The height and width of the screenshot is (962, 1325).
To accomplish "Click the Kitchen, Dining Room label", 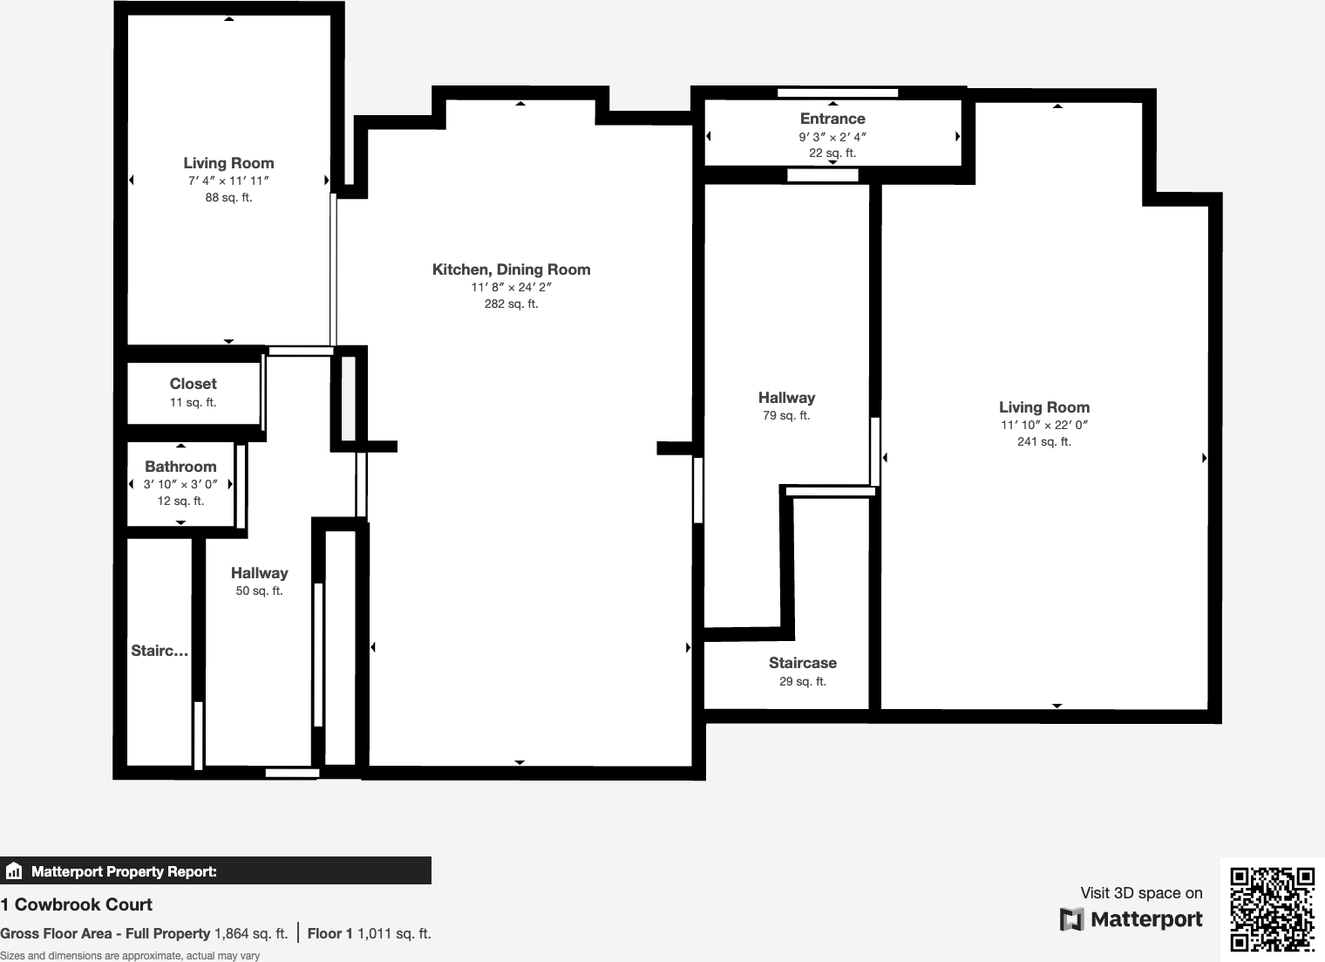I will coord(511,269).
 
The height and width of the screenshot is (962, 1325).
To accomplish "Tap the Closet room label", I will coord(193,384).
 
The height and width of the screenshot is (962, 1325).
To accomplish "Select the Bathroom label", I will coord(180,467).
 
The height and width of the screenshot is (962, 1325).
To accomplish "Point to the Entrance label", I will coord(832,119).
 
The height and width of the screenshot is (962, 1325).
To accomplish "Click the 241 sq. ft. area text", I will coord(1043,442).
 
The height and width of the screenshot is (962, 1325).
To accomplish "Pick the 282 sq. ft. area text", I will coord(511,304).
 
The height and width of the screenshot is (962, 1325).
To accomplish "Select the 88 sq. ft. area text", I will coord(228,198).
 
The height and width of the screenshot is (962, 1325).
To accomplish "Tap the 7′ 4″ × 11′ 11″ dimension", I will coord(228,181).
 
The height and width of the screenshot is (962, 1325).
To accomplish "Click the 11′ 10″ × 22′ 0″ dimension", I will coord(1043,425).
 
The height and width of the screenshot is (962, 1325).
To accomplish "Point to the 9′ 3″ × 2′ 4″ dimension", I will coord(832,137).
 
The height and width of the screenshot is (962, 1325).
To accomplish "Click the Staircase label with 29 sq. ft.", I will coord(802,663).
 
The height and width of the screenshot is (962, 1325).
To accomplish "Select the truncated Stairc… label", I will coord(160,651).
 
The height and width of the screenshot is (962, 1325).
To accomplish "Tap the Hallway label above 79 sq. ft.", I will coord(786,398).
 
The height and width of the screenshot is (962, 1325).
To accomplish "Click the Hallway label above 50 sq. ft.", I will coord(259,573).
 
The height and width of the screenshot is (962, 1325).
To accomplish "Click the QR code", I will coord(1272,909).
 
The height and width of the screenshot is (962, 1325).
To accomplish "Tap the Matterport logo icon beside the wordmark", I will coord(1071,919).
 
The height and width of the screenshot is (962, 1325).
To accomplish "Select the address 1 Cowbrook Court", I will coord(77,904).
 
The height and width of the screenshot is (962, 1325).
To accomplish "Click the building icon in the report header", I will coord(14,871).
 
